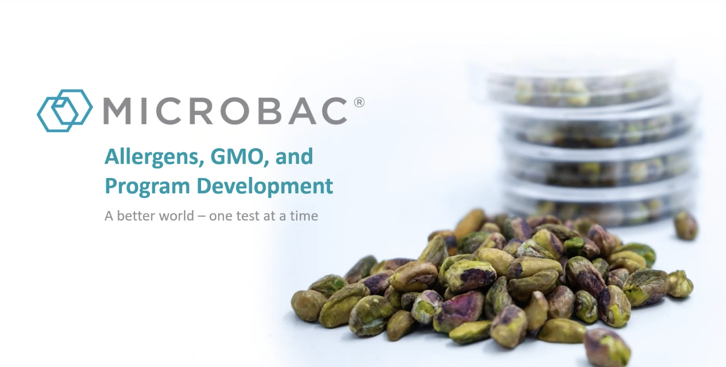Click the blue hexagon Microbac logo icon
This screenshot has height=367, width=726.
(x=65, y=111)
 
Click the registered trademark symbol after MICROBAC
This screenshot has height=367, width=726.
(x=359, y=102)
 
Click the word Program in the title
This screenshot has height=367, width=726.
(x=147, y=187)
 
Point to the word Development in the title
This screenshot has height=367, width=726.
(x=264, y=186)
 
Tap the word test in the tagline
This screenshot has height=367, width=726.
(x=248, y=216)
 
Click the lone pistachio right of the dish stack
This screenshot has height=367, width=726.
(x=686, y=225)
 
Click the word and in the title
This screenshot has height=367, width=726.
(x=294, y=156)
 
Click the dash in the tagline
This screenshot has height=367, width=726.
(x=201, y=216)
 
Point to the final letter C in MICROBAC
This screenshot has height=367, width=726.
(x=333, y=111)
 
